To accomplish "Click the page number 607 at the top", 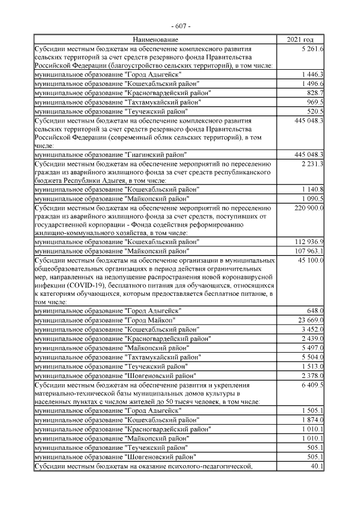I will click(x=181, y=26).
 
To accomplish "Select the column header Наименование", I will click(x=155, y=40).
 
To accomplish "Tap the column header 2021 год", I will click(x=300, y=40).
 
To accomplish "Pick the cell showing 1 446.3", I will click(x=313, y=74).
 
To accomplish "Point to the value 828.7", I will click(x=315, y=92).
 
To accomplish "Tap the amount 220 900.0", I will click(x=309, y=208).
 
